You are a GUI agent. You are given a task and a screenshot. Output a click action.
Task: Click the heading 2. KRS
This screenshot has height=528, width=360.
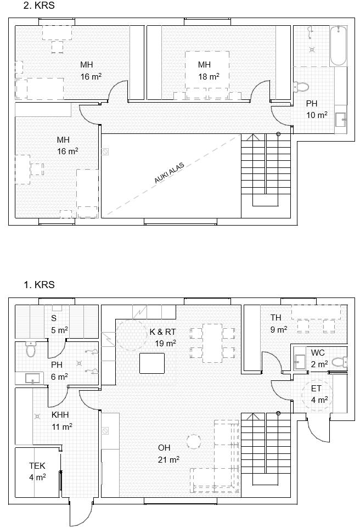(39, 5)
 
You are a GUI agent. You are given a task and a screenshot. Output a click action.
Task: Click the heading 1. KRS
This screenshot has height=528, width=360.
(39, 285)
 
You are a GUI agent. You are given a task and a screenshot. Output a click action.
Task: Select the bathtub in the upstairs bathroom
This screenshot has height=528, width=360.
(338, 46)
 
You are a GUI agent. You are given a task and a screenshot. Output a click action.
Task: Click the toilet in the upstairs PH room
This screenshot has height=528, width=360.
(301, 86)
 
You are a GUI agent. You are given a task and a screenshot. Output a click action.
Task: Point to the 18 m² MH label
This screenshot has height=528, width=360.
(209, 71)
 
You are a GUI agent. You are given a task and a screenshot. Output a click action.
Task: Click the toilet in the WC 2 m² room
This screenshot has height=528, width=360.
(340, 362)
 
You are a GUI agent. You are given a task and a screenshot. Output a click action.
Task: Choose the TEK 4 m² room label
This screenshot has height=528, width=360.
(37, 471)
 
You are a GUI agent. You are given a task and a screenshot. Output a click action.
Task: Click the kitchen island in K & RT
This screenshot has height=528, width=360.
(153, 363)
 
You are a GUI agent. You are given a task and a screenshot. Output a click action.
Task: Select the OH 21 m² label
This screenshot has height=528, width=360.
(168, 454)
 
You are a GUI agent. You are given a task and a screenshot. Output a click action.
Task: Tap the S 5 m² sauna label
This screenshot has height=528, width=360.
(59, 324)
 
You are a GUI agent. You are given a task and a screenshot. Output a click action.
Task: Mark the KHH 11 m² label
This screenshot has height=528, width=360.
(61, 420)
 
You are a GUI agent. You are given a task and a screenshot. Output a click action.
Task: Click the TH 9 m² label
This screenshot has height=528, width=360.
(278, 323)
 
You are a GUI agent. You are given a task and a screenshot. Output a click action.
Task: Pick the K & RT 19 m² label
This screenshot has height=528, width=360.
(163, 338)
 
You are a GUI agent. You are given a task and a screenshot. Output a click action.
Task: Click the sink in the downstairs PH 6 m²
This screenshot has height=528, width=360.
(33, 378)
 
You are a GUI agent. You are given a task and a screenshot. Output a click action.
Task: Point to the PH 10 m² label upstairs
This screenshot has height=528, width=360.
(316, 109)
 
